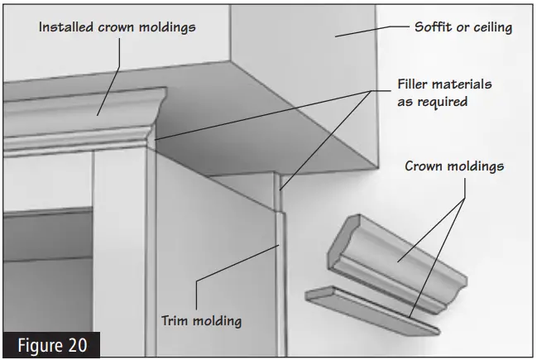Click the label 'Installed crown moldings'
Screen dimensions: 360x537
click(x=117, y=27)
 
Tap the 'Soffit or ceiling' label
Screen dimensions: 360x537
click(x=463, y=27)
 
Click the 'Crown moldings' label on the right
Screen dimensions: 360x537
click(x=454, y=166)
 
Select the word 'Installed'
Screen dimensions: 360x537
click(x=67, y=27)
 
